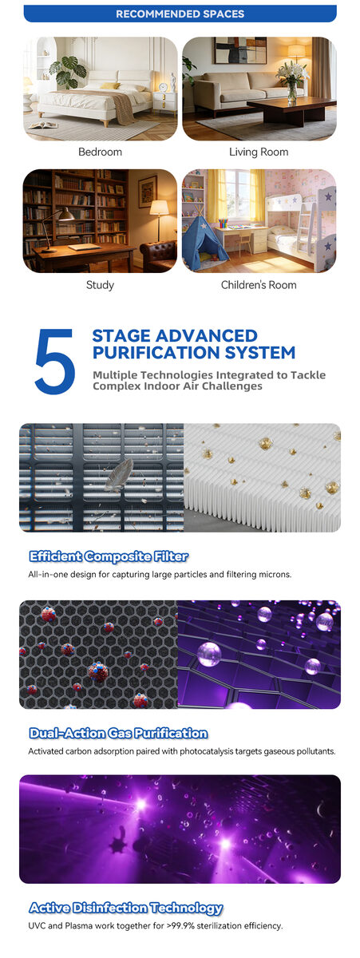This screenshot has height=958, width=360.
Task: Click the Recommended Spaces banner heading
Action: click(x=180, y=14)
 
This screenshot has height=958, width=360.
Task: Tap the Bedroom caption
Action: click(x=100, y=152)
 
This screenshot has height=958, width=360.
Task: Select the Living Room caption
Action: click(x=259, y=152)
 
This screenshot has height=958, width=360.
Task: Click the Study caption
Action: click(x=100, y=285)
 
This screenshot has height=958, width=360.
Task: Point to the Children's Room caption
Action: click(x=259, y=285)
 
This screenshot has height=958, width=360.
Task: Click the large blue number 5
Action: click(x=55, y=362)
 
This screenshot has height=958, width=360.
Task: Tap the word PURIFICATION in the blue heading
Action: click(x=156, y=353)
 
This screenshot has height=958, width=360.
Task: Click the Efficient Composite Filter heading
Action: click(x=109, y=556)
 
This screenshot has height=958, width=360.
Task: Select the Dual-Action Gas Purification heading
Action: click(x=118, y=734)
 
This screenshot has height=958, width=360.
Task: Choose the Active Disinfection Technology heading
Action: click(x=126, y=908)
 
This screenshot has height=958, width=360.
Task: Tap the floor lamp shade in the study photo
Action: click(x=159, y=208)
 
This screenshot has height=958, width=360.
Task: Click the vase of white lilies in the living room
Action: click(x=291, y=82)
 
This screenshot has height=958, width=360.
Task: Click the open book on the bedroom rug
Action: click(x=43, y=125)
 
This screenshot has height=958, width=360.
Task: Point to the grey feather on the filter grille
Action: click(x=119, y=474)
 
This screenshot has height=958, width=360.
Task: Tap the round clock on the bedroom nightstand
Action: click(x=163, y=87)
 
